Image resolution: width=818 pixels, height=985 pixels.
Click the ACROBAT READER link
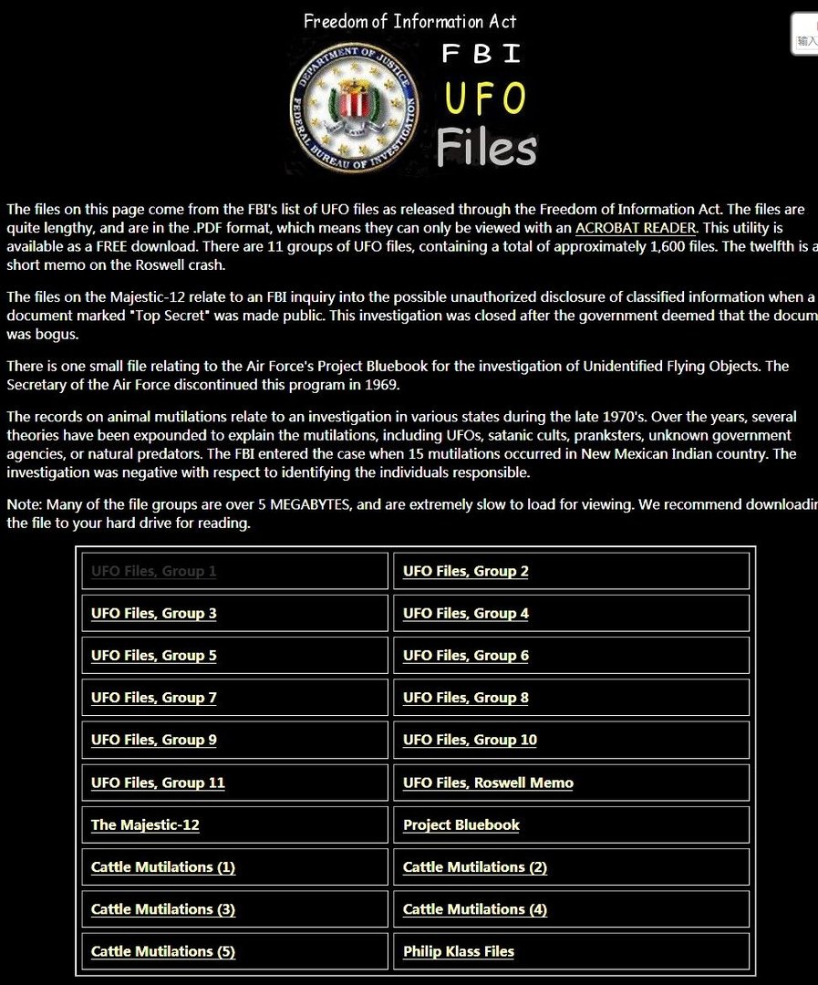coord(635,227)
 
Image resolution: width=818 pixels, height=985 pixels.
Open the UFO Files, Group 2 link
coord(465,572)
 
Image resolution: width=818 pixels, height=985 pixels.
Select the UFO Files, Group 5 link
coord(153,656)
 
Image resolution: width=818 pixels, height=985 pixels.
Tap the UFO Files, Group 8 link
coord(465,698)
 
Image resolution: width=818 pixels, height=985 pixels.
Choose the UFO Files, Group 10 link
coord(470,740)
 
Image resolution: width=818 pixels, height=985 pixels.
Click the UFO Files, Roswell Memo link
coord(488,783)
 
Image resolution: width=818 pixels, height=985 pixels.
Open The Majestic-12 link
coord(145,824)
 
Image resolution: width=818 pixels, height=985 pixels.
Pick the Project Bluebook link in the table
coord(461,824)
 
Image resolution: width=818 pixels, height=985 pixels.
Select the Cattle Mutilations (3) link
coord(162,909)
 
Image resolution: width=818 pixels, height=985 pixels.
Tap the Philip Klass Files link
coord(458,951)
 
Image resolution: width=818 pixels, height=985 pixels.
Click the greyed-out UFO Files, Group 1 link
coord(153,572)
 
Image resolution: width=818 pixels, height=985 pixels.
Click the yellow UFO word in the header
coord(484,98)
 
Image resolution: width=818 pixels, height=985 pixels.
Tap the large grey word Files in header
coord(486,148)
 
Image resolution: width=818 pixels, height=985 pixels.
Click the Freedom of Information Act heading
coord(409,21)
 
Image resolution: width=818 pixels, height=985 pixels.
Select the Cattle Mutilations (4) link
coord(474,909)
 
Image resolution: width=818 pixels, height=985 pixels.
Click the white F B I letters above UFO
coord(481,54)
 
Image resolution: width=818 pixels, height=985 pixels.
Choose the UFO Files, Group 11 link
coord(157,783)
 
